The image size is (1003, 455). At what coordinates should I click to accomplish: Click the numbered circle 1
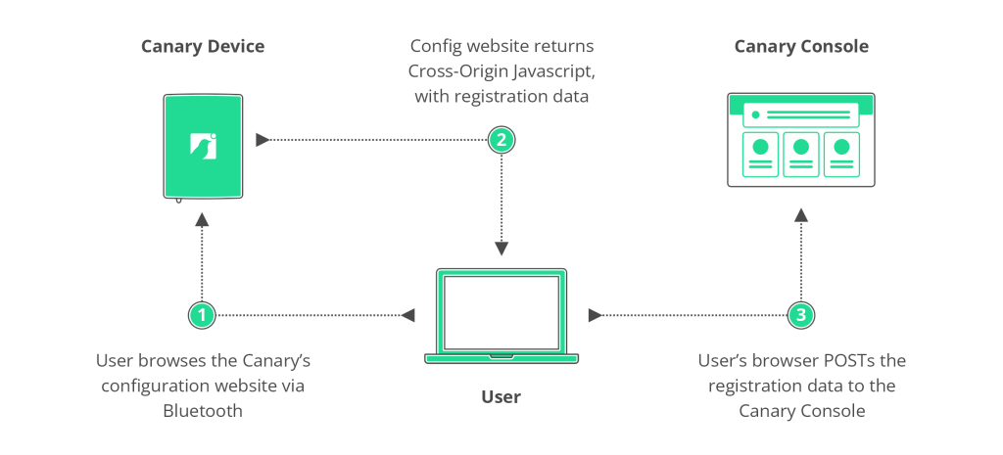pos(202,315)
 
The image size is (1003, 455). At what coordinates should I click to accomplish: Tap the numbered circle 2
pos(501,140)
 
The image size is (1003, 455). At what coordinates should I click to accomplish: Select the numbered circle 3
pos(801,315)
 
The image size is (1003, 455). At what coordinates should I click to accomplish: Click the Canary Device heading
pos(203,46)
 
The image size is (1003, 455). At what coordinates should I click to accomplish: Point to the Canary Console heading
pos(801,46)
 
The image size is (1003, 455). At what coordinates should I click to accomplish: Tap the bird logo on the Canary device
pos(203,145)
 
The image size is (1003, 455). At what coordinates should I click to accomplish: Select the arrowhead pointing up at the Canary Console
pos(801,214)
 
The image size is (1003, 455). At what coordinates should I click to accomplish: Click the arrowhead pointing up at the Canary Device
pos(202,220)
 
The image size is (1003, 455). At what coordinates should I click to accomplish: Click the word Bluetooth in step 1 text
pos(203,411)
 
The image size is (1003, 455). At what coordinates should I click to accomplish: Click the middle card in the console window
pos(800,155)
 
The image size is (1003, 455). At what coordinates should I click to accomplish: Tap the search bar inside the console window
pos(800,115)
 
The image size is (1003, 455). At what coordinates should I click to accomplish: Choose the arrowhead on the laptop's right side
pos(595,315)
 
